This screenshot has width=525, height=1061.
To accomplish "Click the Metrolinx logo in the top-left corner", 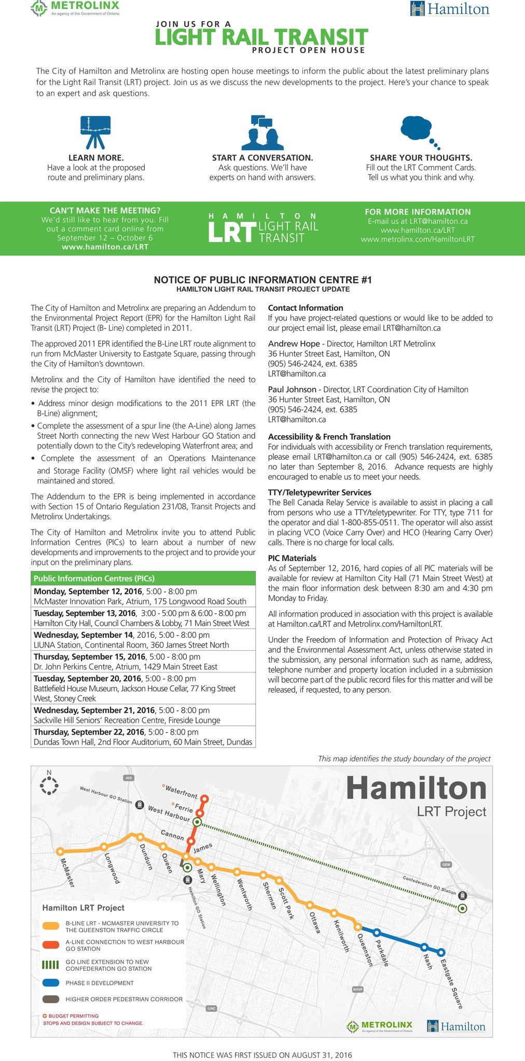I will tap(75, 8).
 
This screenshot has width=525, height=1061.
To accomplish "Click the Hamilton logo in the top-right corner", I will tap(450, 9).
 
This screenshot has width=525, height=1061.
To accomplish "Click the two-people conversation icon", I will tap(262, 133).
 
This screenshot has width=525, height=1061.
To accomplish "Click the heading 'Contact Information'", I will tap(306, 308).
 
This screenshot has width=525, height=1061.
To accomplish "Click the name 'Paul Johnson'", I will tap(292, 389).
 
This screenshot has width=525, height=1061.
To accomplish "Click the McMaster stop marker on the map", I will tap(60, 851).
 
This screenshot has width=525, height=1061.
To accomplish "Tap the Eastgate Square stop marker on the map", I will tap(441, 952).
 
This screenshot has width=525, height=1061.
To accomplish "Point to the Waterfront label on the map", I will tap(181, 792).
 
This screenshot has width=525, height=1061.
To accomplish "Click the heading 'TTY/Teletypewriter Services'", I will tap(320, 492).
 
